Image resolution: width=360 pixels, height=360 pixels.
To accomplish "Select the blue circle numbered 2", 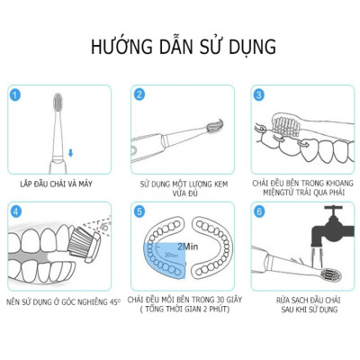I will coord(139,94).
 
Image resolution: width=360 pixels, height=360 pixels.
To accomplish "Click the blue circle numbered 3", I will coord(259,94).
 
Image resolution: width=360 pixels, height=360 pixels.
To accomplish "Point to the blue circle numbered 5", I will coord(139,211).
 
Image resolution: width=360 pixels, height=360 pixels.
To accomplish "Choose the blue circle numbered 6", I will coord(259,211).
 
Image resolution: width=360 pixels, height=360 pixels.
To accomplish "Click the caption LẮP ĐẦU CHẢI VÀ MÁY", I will coord(58,181).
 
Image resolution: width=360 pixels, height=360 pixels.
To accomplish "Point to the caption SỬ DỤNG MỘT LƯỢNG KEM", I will coord(179,181).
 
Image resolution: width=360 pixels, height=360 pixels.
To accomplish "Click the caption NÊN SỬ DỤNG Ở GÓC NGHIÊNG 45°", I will coord(58,298).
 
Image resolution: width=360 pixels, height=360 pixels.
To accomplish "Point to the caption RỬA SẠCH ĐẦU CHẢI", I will coord(301,298).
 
